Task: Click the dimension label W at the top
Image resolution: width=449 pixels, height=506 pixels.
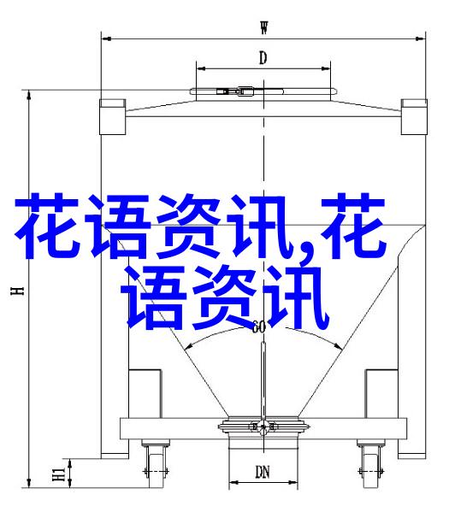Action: tap(264, 27)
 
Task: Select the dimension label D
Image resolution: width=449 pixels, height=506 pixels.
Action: tap(263, 58)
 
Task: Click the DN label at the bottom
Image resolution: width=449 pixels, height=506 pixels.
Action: tap(263, 473)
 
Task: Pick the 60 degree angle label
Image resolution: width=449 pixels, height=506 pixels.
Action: tap(258, 327)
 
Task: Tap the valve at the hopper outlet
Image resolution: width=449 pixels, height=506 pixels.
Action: tap(263, 427)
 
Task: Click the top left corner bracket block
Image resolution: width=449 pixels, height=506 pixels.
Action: tap(112, 117)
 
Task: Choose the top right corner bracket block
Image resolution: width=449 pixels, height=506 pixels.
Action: tap(414, 117)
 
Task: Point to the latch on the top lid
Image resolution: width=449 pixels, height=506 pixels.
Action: tap(236, 91)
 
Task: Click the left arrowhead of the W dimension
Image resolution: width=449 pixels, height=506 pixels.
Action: tap(106, 38)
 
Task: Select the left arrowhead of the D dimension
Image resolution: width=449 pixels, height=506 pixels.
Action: tap(201, 68)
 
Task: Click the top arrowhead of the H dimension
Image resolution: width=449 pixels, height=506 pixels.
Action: tap(29, 95)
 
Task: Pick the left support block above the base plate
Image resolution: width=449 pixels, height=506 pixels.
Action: tap(145, 394)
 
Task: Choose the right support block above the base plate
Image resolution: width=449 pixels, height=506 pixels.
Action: tap(381, 394)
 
